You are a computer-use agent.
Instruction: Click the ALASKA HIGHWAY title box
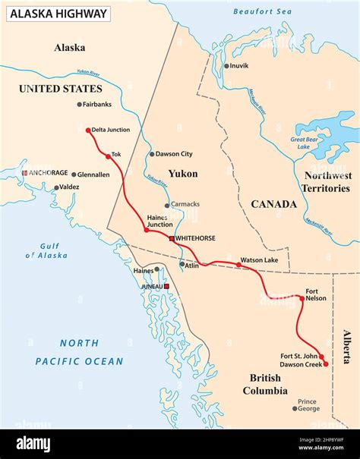tap(58, 13)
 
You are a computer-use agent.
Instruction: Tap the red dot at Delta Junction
tap(88, 130)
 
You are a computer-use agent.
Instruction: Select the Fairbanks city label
tap(97, 104)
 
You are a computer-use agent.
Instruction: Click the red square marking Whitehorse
tap(172, 238)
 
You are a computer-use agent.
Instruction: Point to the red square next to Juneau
tap(166, 287)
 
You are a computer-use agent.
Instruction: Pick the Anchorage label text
tap(49, 173)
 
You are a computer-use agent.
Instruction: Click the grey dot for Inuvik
tap(226, 66)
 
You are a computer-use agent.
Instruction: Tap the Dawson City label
tap(174, 154)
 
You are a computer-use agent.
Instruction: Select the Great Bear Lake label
tap(309, 144)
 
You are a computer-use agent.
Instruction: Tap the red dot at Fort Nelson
tap(302, 298)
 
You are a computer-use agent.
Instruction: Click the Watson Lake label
tap(259, 260)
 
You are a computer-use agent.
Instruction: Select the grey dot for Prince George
tap(295, 409)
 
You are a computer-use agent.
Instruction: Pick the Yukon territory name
tap(183, 174)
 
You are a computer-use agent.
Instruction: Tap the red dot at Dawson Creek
tap(326, 364)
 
